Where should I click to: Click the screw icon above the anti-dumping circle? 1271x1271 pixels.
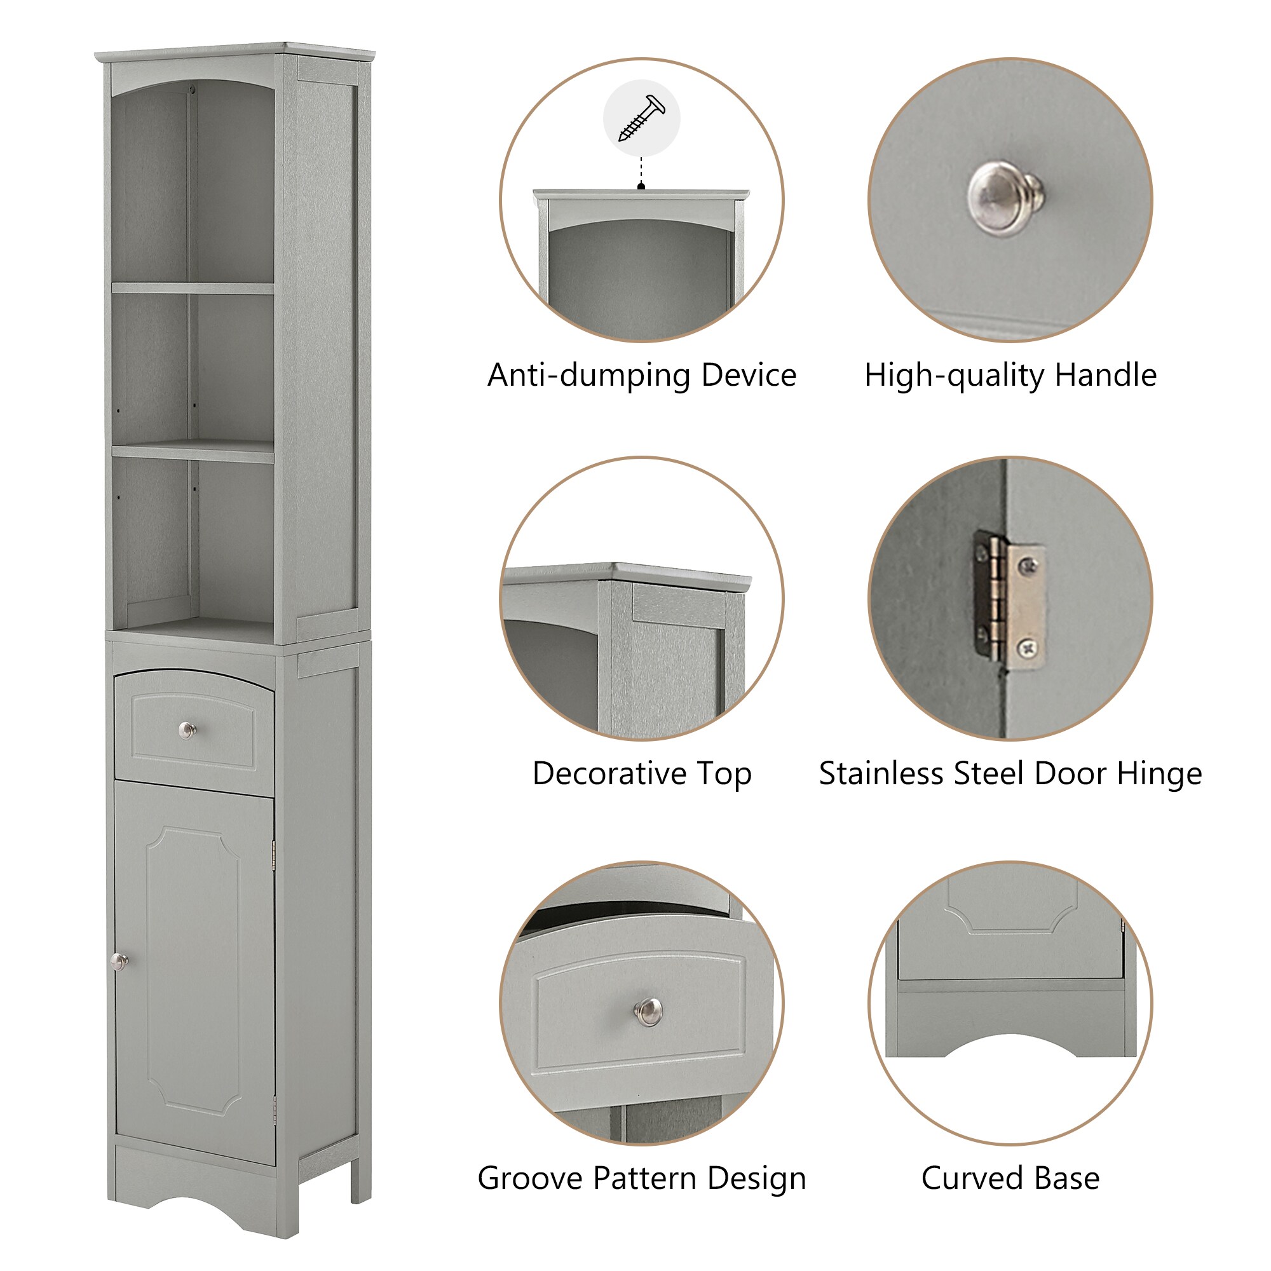point(641,119)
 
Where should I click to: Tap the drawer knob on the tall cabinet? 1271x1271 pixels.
point(187,730)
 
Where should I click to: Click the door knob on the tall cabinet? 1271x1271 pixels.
point(119,962)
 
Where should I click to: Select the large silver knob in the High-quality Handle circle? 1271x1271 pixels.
point(1004,198)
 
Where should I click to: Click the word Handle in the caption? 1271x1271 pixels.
point(1105,376)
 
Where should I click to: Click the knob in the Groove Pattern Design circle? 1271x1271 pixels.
point(649,1011)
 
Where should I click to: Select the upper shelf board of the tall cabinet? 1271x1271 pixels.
point(193,288)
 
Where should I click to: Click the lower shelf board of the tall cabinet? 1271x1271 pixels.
point(193,451)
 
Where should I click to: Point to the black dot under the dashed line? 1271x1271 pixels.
point(641,187)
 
